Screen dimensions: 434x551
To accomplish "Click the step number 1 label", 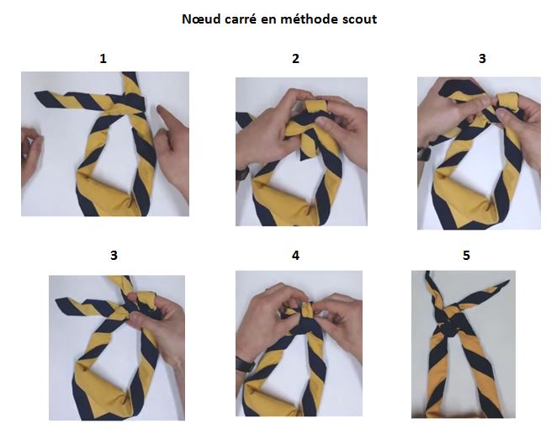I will pyautogui.click(x=103, y=59).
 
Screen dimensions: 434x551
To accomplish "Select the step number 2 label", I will pyautogui.click(x=296, y=59).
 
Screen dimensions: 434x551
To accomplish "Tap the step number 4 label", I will pyautogui.click(x=296, y=256).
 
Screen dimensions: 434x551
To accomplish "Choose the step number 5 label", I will pyautogui.click(x=466, y=256).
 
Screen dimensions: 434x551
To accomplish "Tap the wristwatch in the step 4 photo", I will pyautogui.click(x=243, y=364).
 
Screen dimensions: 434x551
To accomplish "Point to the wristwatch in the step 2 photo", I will pyautogui.click(x=242, y=172).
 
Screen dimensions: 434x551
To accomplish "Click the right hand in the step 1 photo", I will pyautogui.click(x=173, y=143).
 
